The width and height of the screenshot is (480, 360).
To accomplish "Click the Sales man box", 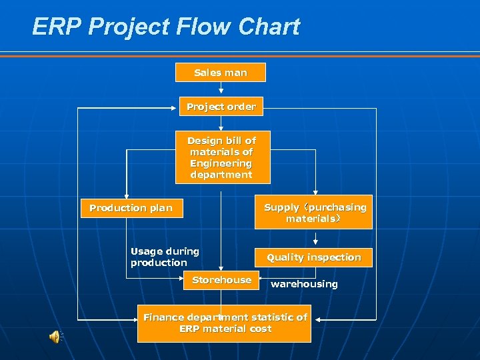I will (220, 72).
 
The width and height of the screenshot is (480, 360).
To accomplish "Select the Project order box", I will (221, 107).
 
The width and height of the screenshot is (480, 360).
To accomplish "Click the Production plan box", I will (131, 208).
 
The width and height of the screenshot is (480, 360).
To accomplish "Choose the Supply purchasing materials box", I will (315, 213).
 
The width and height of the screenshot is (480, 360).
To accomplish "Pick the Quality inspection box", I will (313, 257).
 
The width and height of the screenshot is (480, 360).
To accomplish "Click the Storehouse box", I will (221, 281).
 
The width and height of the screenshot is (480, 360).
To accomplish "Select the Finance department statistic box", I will (225, 323).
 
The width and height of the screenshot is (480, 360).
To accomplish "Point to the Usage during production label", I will (165, 257).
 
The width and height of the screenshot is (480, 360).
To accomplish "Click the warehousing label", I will (304, 284).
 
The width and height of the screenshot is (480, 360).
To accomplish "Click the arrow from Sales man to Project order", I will (221, 89).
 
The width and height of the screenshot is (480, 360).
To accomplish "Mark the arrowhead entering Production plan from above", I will (127, 194).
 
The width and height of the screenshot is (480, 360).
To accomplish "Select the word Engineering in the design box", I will (221, 163).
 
